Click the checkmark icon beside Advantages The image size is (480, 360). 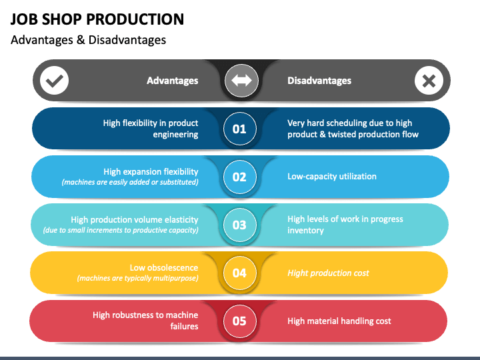[55, 81]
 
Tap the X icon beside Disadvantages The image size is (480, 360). [429, 81]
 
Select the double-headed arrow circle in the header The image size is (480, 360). [240, 81]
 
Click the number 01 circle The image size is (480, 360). [239, 129]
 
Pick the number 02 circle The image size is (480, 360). [239, 177]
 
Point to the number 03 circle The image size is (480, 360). [239, 225]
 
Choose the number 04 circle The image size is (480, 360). [239, 273]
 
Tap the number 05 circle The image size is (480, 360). [239, 321]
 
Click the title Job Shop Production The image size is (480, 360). [97, 19]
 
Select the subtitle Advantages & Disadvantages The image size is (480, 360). [88, 40]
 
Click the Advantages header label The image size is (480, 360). [172, 81]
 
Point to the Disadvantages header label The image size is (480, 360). [319, 81]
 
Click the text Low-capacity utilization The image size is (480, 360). [332, 177]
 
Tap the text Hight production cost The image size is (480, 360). [328, 273]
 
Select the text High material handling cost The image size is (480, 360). [339, 321]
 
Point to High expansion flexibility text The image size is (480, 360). [151, 172]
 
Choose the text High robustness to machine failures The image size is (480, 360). [145, 321]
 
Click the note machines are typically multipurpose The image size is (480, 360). [137, 278]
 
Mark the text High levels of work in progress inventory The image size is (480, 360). [345, 225]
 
